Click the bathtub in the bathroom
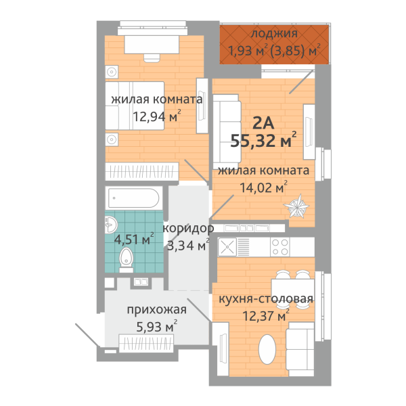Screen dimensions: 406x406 click(x=133, y=198)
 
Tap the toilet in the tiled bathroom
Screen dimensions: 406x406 click(x=126, y=260)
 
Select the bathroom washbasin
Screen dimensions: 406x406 click(x=111, y=225)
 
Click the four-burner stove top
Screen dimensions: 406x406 click(x=280, y=247)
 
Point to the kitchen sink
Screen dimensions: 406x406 click(x=227, y=247)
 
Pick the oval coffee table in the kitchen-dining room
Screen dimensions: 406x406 click(x=267, y=349)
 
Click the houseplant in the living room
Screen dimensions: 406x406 click(x=297, y=206)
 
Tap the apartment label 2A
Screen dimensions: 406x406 click(x=263, y=123)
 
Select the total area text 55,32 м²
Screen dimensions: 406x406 click(x=263, y=140)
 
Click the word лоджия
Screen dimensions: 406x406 click(x=274, y=34)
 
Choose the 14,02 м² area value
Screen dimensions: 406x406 click(x=264, y=187)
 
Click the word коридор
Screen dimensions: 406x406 click(x=188, y=229)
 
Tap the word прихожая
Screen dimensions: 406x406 click(x=157, y=310)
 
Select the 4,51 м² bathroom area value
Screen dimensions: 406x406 click(x=134, y=239)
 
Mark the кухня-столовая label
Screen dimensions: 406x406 click(x=266, y=299)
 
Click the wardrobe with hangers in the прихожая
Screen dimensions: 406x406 click(x=146, y=343)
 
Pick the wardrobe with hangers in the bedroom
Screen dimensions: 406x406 click(x=141, y=171)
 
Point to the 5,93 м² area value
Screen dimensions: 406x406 click(x=157, y=327)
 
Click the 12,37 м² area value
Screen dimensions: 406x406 click(x=266, y=315)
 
